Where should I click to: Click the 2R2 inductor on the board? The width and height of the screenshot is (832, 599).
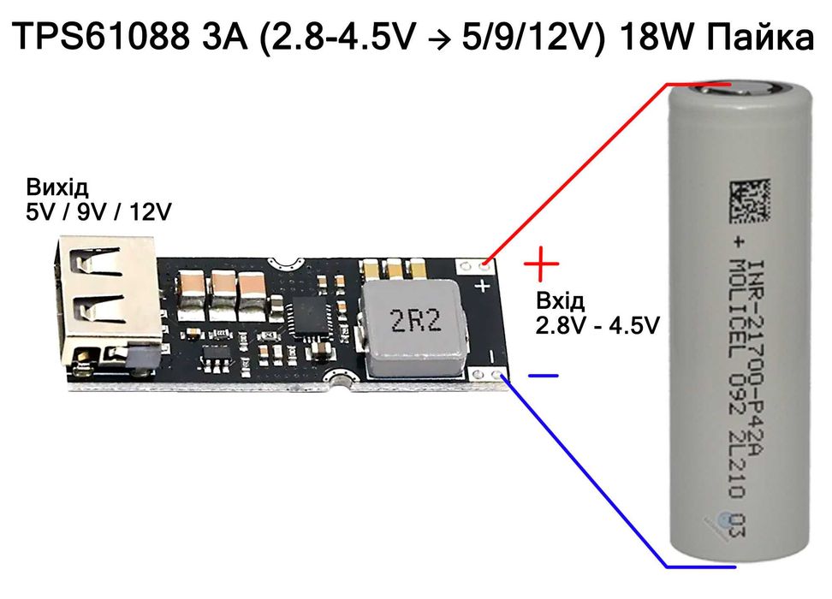tap(416, 323)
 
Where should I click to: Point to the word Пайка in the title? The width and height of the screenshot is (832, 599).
tap(752, 39)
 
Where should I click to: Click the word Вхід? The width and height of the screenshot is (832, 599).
tap(561, 301)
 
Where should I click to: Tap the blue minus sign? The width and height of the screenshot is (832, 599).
tap(543, 375)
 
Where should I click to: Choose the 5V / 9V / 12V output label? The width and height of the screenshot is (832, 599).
tap(98, 211)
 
